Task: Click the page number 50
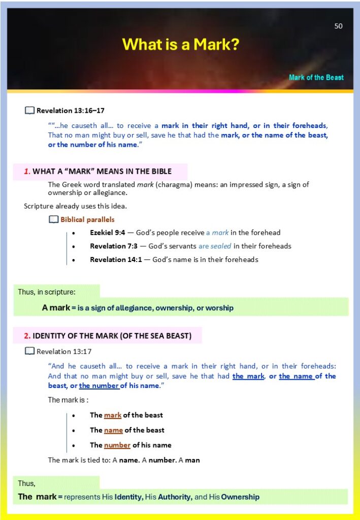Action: pyautogui.click(x=338, y=26)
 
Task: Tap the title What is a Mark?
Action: pyautogui.click(x=180, y=45)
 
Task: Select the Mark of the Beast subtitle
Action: pyautogui.click(x=316, y=78)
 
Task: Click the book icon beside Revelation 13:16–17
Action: pyautogui.click(x=30, y=110)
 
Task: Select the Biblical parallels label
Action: pyautogui.click(x=87, y=220)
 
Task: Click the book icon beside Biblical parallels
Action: pyautogui.click(x=54, y=220)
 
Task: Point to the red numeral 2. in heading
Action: pyautogui.click(x=27, y=336)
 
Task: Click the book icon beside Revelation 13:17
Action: pyautogui.click(x=30, y=351)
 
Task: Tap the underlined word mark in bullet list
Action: pyautogui.click(x=113, y=415)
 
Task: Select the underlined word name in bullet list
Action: pyautogui.click(x=113, y=430)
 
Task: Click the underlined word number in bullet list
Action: pyautogui.click(x=117, y=445)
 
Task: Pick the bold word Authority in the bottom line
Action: pyautogui.click(x=175, y=497)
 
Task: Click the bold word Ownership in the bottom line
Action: pyautogui.click(x=240, y=497)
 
